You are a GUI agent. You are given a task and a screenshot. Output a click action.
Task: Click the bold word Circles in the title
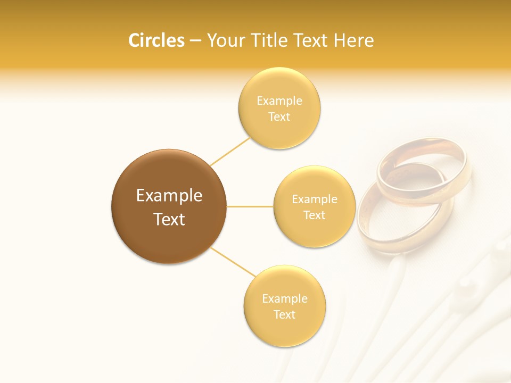156,40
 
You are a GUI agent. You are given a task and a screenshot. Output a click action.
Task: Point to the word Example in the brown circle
169,196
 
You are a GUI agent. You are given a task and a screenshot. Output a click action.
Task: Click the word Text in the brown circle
169,219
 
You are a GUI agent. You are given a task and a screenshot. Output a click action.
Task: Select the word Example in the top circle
279,101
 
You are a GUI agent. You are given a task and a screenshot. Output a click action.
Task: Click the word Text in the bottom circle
284,314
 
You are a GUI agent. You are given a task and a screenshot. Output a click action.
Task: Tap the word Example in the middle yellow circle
314,199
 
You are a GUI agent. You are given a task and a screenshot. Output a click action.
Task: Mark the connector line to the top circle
230,152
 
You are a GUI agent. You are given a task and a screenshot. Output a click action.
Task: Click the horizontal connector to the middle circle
250,206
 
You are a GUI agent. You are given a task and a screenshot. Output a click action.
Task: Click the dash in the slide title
195,40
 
